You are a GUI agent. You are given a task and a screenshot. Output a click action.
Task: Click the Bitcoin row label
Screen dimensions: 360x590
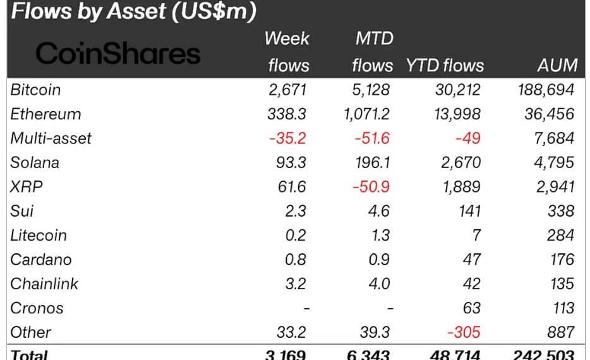[x=35, y=90]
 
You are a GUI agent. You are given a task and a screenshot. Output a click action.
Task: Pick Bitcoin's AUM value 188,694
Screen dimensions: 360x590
[x=545, y=90]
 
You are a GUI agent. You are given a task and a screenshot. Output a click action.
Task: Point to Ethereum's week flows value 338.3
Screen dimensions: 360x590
[x=289, y=114]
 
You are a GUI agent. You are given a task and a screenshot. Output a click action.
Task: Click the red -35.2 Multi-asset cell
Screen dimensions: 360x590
[x=288, y=138]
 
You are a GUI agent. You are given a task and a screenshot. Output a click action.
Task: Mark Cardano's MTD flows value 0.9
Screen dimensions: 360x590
[x=381, y=260]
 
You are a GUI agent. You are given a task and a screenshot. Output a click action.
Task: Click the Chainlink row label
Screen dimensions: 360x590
[x=44, y=284]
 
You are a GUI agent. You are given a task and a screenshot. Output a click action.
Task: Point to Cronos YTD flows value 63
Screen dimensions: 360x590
[x=471, y=308]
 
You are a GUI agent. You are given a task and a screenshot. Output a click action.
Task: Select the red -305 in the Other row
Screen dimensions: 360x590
[x=464, y=332]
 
